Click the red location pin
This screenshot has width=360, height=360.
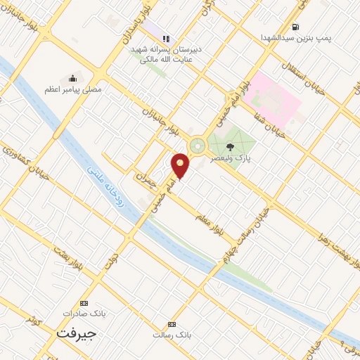coord(181,165)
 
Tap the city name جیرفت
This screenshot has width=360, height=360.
coord(75,333)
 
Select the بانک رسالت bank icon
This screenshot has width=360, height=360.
coord(172,324)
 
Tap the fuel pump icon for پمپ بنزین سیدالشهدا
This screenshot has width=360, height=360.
coord(294,27)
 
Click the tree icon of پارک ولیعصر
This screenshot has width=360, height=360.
coord(230,147)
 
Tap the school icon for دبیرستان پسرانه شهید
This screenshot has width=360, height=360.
coord(167,39)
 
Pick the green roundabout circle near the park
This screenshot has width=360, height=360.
coord(198,146)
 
